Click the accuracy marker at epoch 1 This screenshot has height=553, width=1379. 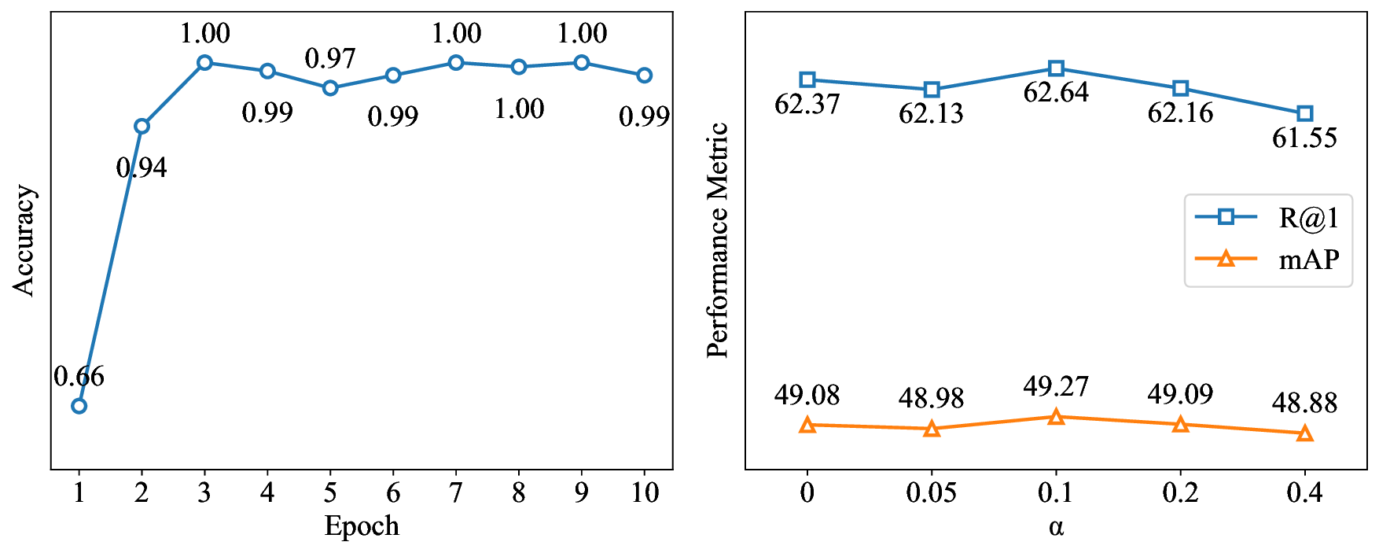(79, 406)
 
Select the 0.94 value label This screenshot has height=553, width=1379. (142, 168)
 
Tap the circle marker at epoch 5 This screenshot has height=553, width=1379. (330, 87)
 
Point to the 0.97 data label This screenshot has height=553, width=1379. (330, 58)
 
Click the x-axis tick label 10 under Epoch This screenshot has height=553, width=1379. (644, 493)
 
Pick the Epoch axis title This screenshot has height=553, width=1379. (362, 525)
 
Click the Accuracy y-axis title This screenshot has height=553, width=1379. (24, 240)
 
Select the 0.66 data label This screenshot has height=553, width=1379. (79, 377)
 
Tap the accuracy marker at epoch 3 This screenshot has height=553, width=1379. (204, 62)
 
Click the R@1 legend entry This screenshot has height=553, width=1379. (1267, 218)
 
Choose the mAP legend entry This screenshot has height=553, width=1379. (1267, 259)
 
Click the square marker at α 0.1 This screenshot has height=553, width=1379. (1056, 68)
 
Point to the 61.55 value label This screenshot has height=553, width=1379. (1304, 138)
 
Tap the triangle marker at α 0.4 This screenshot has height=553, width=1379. (1304, 433)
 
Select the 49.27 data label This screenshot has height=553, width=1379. (1056, 386)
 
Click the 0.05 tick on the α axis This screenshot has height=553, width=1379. (932, 493)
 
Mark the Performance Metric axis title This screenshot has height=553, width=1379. (717, 240)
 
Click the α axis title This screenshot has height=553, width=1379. (1056, 526)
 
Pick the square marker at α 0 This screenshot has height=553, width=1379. (807, 79)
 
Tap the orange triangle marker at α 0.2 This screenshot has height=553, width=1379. (1180, 425)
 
